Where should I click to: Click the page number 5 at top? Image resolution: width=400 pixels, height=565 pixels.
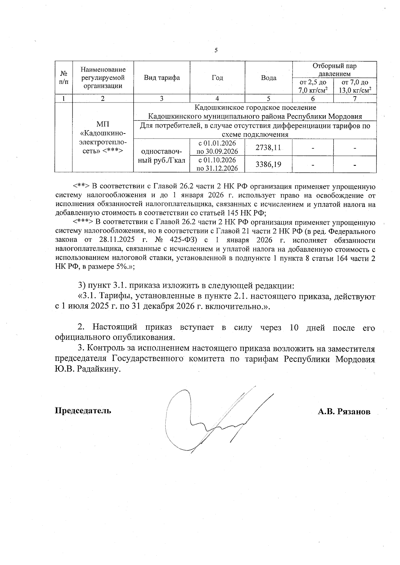click(216, 50)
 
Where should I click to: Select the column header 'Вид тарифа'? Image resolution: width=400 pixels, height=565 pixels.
click(162, 78)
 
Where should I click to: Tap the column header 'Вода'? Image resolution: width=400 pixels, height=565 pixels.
click(268, 78)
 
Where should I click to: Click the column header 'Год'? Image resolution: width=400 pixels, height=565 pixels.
click(217, 78)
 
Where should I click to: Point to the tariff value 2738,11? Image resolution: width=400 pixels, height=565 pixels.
click(268, 147)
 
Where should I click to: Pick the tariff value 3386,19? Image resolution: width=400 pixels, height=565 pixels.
click(268, 164)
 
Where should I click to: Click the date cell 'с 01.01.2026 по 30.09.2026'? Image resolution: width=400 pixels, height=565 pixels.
click(217, 147)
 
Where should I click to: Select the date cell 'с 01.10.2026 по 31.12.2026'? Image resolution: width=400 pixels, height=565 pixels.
click(217, 164)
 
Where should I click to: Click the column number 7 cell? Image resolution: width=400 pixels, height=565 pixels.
click(355, 99)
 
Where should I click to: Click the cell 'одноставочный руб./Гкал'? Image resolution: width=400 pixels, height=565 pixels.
click(161, 156)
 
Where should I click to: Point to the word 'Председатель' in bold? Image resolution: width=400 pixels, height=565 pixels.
click(83, 410)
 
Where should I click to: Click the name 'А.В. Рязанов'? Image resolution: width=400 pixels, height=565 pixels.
click(344, 412)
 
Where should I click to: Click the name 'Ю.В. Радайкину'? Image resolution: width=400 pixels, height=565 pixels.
click(87, 369)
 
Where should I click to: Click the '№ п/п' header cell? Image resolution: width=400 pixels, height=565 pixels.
click(63, 78)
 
